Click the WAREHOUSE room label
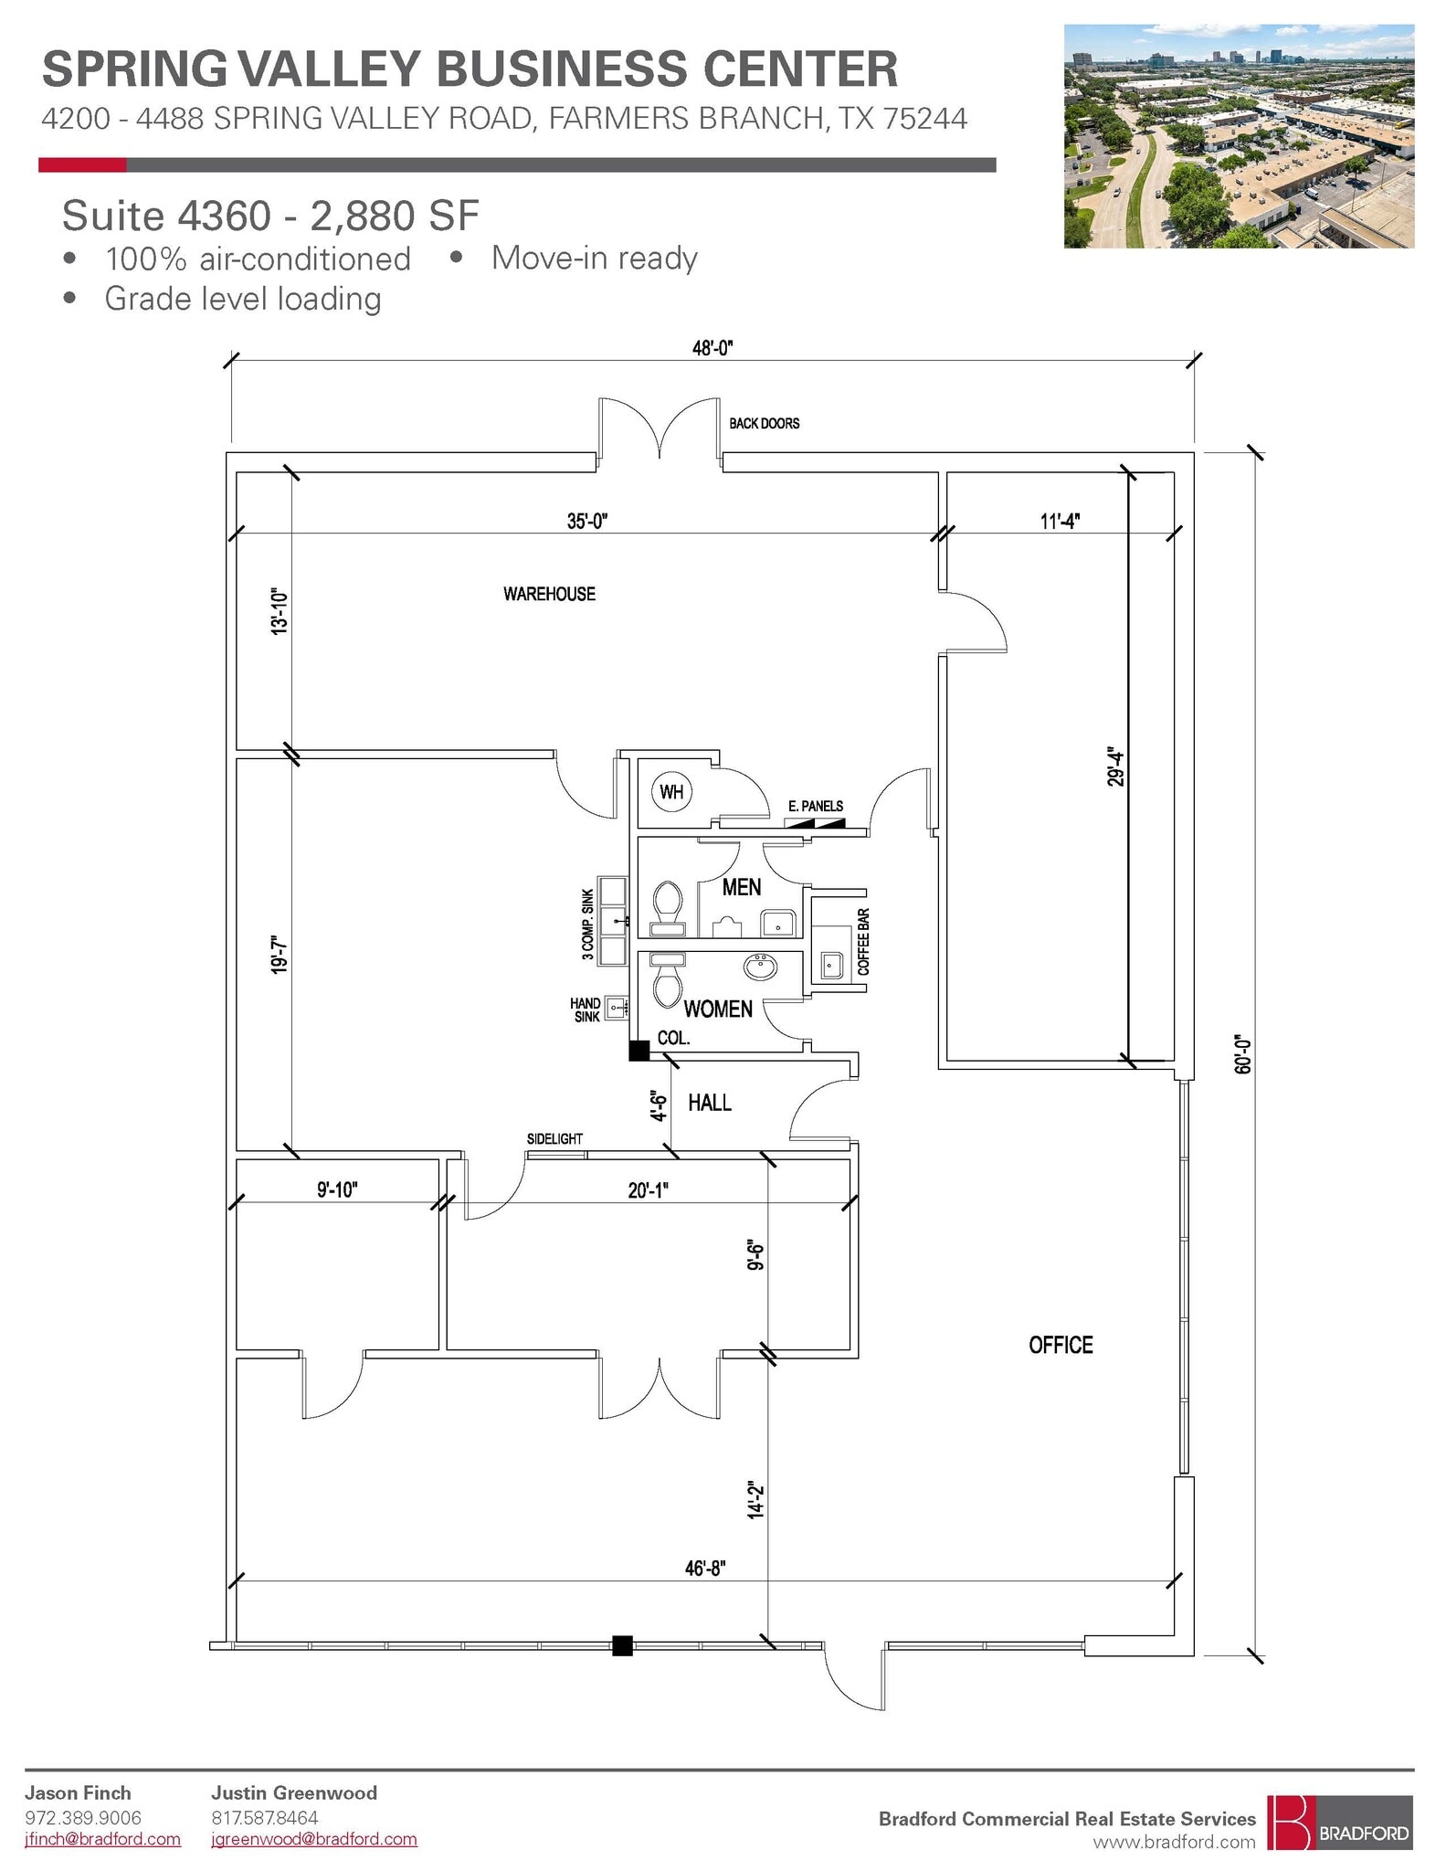click(x=549, y=594)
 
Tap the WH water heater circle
click(x=671, y=791)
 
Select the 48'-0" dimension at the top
click(x=712, y=348)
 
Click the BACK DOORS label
click(x=764, y=423)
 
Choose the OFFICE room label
click(x=1061, y=1345)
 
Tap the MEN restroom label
click(x=741, y=887)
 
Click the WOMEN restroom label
click(x=718, y=1009)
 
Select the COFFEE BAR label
click(x=863, y=941)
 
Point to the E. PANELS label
click(x=816, y=806)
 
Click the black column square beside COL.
click(x=639, y=1051)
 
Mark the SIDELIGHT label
click(x=554, y=1138)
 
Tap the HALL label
click(x=710, y=1103)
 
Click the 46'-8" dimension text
click(x=705, y=1569)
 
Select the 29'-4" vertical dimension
click(x=1115, y=767)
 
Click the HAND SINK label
click(x=586, y=1009)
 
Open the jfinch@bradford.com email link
click(x=102, y=1839)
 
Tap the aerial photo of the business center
click(x=1239, y=136)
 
